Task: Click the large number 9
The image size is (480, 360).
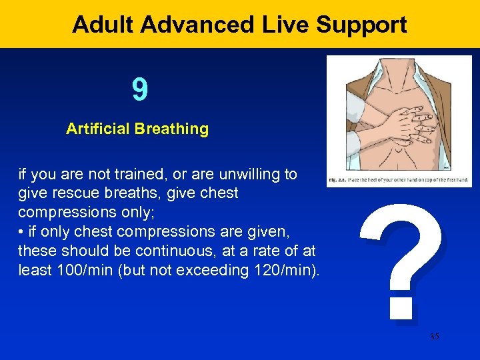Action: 140,90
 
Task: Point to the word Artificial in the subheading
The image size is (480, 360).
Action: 97,129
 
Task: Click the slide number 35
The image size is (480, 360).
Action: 435,337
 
